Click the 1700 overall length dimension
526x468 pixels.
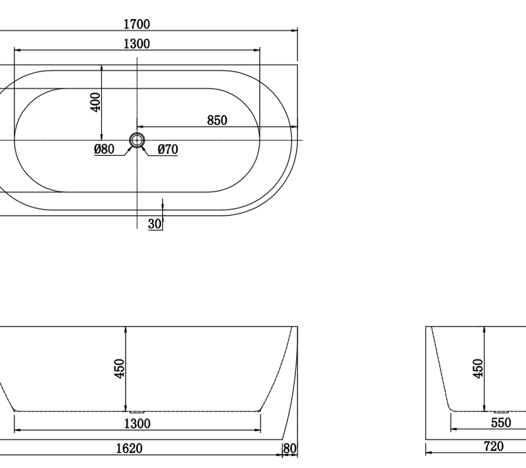point(137,24)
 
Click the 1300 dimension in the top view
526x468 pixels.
point(137,44)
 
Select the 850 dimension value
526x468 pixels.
point(217,120)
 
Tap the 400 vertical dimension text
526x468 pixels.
point(95,102)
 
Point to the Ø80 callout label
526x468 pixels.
point(105,149)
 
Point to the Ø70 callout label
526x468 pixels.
point(168,149)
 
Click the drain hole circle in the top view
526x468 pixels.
point(137,140)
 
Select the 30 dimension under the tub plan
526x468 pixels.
point(155,224)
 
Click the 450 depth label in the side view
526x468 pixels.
point(119,369)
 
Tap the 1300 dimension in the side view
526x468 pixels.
point(137,423)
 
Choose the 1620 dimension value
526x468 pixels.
point(137,448)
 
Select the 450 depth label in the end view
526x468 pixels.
point(479,369)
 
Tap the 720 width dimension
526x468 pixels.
point(493,446)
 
